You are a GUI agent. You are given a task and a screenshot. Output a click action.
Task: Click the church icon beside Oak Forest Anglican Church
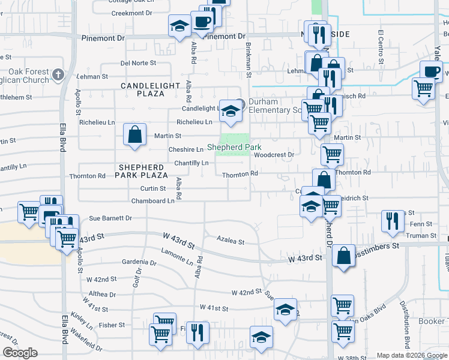pyautogui.click(x=58, y=75)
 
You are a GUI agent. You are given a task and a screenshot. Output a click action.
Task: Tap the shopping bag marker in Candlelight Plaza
pyautogui.click(x=135, y=134)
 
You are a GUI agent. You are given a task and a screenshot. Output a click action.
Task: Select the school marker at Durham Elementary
pyautogui.click(x=229, y=110)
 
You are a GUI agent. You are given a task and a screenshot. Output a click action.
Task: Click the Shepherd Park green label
pyautogui.click(x=234, y=147)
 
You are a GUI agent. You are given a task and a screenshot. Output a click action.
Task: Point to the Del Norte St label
pyautogui.click(x=138, y=62)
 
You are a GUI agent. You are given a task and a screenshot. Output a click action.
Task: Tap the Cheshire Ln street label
pyautogui.click(x=185, y=149)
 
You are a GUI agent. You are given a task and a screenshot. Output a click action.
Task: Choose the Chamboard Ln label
pyautogui.click(x=152, y=201)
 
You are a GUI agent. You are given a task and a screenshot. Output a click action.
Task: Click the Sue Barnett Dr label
pyautogui.click(x=110, y=219)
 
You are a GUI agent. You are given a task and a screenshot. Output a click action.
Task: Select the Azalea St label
pyautogui.click(x=231, y=242)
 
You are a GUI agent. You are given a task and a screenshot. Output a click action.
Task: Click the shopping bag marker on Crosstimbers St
pyautogui.click(x=343, y=256)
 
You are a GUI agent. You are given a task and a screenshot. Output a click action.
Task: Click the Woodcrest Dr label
pyautogui.click(x=273, y=154)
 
